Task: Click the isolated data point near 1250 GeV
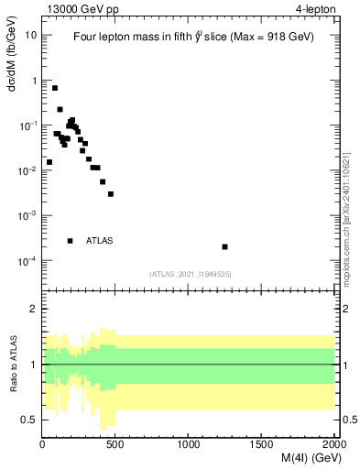click(225, 246)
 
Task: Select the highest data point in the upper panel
click(55, 88)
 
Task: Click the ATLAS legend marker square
click(70, 241)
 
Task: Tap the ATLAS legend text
click(100, 241)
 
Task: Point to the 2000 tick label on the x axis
click(333, 444)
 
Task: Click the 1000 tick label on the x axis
click(189, 444)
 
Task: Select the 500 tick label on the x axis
click(115, 444)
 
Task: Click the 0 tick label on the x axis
click(43, 444)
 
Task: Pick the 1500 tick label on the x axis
click(261, 444)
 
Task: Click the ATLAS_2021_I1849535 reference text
click(190, 273)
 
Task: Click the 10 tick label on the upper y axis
click(32, 35)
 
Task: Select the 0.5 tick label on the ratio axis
click(30, 420)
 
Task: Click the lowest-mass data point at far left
click(49, 162)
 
